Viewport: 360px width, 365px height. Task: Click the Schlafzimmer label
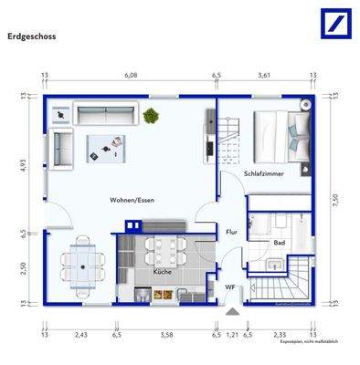pos(264,172)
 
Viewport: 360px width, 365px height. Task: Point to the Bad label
pos(278,243)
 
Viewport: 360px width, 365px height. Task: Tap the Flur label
pos(231,232)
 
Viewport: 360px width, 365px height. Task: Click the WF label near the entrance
pos(231,287)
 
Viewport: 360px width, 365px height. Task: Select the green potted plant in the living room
pos(150,115)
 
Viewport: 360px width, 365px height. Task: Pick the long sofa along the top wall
pos(106,115)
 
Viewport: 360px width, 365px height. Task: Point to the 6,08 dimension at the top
pos(132,77)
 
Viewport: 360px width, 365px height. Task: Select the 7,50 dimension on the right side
pos(334,202)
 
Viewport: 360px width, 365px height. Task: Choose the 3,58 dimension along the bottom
pos(165,336)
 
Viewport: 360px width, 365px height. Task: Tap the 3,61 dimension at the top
pos(263,77)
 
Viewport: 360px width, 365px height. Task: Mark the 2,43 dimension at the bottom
pos(80,336)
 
